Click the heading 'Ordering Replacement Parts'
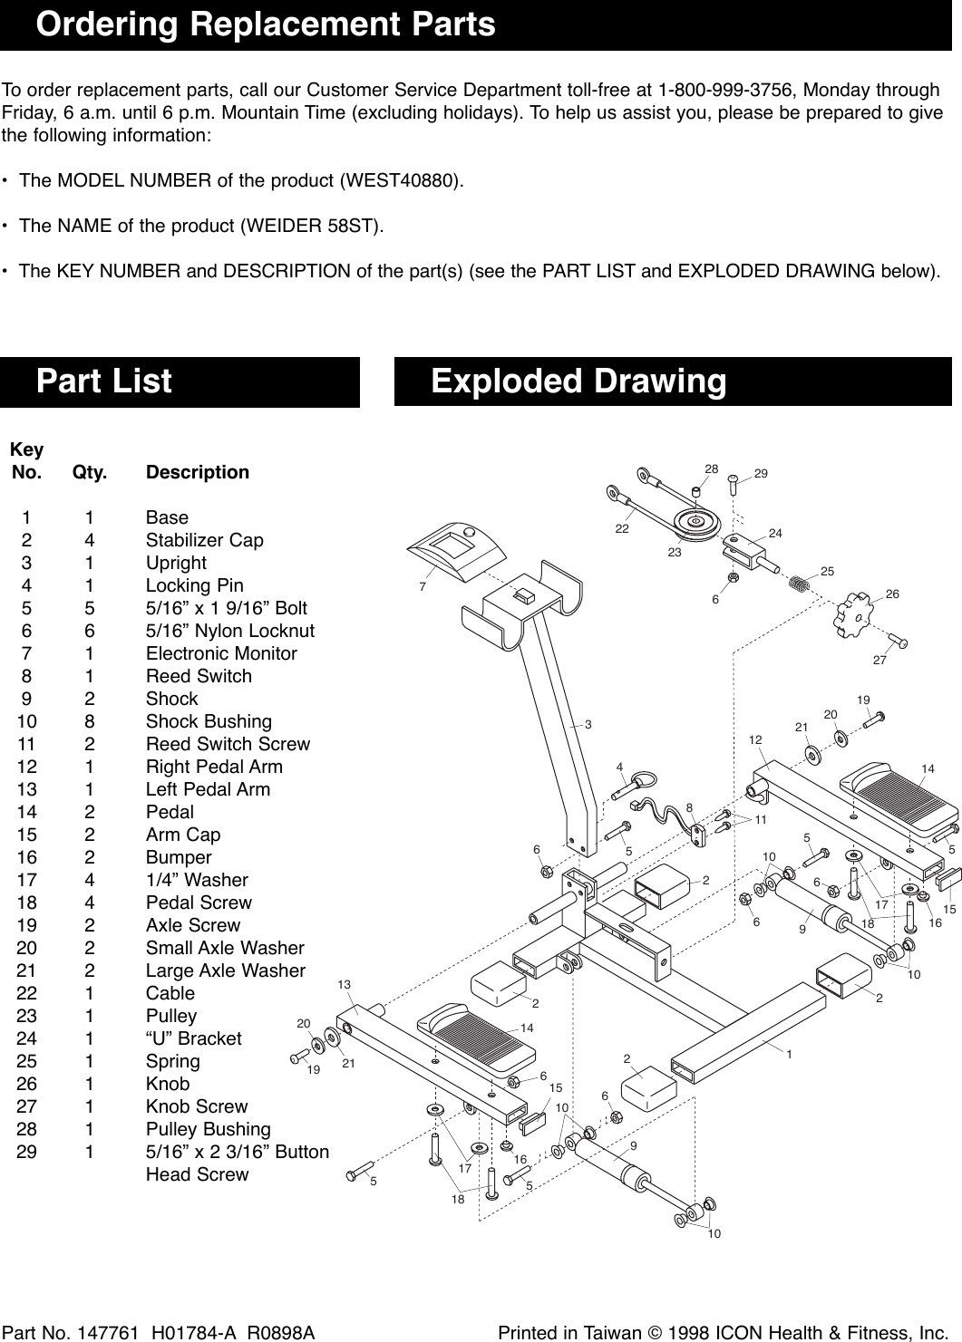pos(266,24)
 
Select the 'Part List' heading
pos(103,381)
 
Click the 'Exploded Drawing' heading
pos(578,381)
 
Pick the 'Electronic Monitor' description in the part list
pos(221,653)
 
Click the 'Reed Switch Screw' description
pos(228,744)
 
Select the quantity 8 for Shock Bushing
pos(88,721)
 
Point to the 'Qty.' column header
pos(90,472)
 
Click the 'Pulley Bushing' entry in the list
pos(208,1129)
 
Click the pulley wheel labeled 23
pos(696,522)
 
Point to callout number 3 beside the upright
pos(588,724)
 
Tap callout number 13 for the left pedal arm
pos(344,984)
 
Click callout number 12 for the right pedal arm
pos(755,740)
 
